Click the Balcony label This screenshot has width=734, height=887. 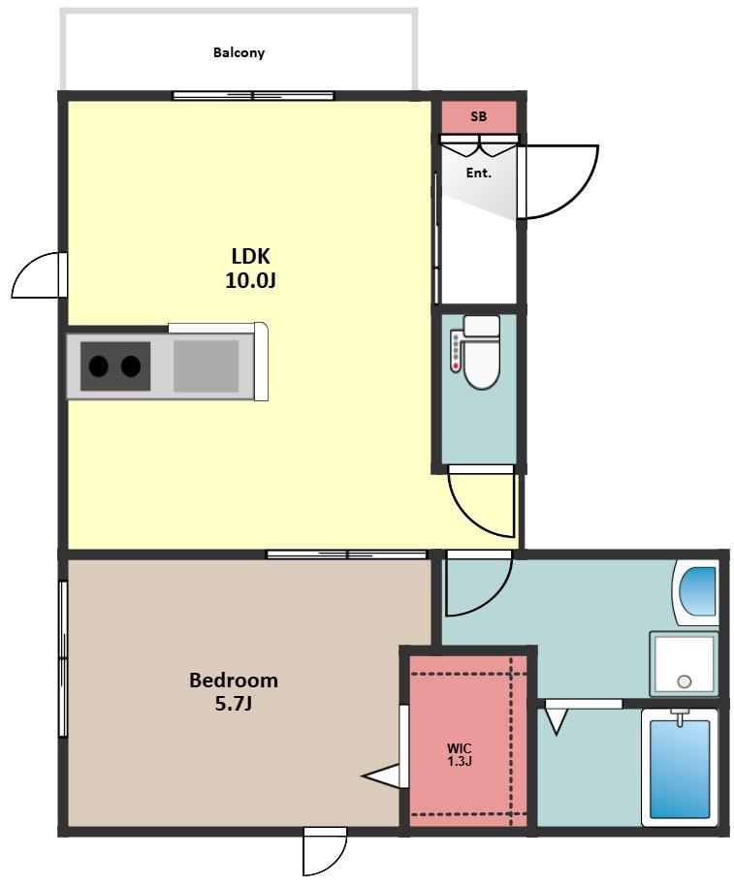tap(239, 52)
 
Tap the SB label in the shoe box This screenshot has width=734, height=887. tap(478, 116)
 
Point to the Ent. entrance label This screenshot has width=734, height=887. tap(478, 174)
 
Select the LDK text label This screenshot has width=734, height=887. tap(251, 256)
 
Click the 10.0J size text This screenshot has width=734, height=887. tap(250, 280)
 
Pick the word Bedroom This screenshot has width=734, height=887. tap(233, 680)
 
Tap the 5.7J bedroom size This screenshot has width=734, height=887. tap(233, 704)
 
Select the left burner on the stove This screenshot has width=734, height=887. tap(99, 366)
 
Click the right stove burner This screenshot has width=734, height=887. tap(131, 366)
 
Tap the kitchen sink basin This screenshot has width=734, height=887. tap(206, 366)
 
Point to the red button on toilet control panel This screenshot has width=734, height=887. tap(456, 366)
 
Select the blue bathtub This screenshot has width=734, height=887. tap(680, 769)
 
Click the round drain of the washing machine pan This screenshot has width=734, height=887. tap(685, 681)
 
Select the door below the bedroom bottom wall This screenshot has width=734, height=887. tap(324, 852)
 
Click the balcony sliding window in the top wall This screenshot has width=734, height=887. tap(253, 96)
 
